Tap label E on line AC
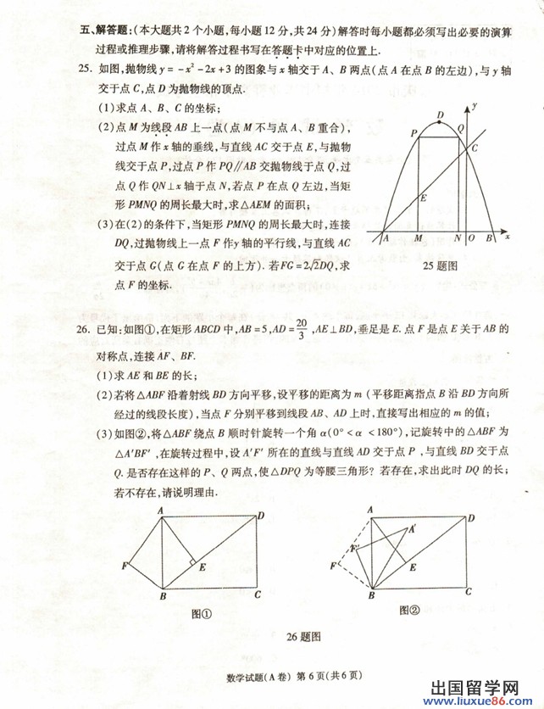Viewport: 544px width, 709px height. tap(424, 198)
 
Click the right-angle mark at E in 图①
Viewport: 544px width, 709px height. tap(193, 562)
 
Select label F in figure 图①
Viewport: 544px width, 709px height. tap(125, 566)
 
